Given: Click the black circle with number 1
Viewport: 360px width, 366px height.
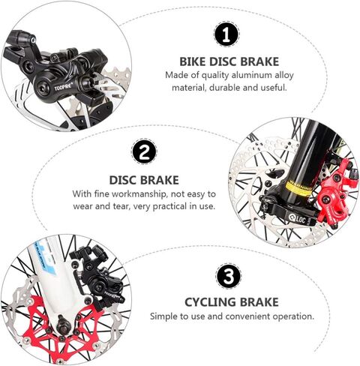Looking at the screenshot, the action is pos(227,34).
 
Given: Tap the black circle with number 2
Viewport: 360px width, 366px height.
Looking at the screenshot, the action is pos(144,151).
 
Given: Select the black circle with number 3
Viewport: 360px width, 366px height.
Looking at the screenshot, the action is pos(229,275).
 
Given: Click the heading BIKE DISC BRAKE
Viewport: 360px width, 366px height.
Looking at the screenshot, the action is pos(229,61).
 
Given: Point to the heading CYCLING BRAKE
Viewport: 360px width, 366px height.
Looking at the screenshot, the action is pos(232,302).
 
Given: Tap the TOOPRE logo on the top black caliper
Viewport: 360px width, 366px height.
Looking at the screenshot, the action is pos(64,87).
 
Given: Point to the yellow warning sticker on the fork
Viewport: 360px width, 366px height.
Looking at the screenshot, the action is pos(299,189).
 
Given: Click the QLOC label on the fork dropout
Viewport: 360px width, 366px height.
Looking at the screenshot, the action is pos(297,218).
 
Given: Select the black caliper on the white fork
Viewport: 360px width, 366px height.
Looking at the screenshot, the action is pos(99,276).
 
